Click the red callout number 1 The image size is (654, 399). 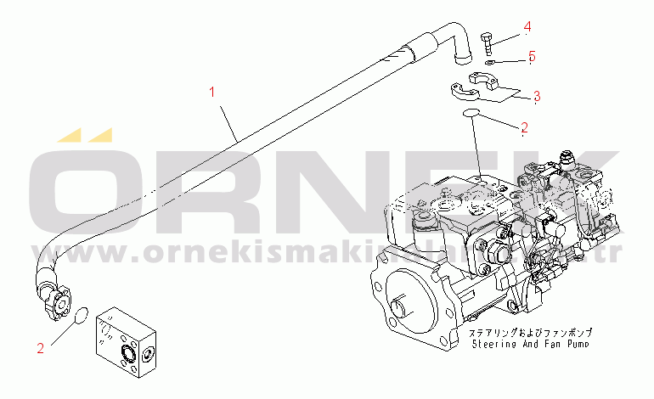coord(212,89)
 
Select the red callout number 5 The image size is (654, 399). coord(532,56)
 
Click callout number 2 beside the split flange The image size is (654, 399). coord(524,127)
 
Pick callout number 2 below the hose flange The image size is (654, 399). coord(39,347)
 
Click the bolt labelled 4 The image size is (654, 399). coord(487,42)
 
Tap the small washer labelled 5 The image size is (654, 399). coord(492,61)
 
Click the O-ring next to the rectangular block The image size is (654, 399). coord(79,316)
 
